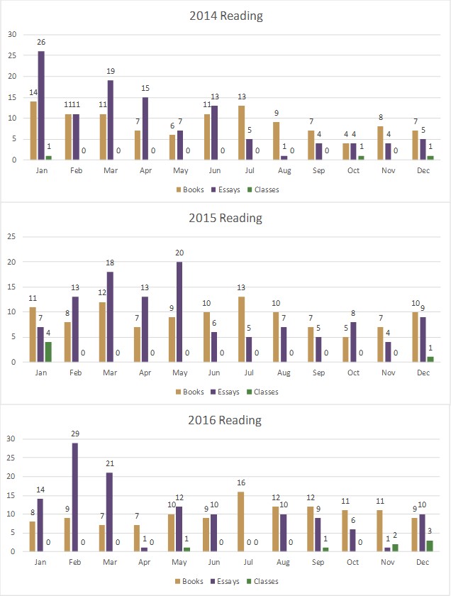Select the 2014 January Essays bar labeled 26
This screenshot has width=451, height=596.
(x=41, y=106)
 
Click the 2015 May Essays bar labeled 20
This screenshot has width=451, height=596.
(x=179, y=311)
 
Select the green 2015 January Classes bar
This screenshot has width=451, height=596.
(x=48, y=351)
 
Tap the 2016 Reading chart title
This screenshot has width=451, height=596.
(x=225, y=420)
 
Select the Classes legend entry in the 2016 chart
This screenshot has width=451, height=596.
(x=262, y=580)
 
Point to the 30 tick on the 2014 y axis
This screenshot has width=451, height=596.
(x=11, y=34)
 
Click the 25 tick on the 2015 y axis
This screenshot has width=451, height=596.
(x=11, y=236)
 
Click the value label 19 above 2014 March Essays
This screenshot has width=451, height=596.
(x=110, y=72)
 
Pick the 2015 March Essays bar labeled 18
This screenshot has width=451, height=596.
(x=110, y=316)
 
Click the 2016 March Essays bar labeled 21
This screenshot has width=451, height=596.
(x=110, y=512)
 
